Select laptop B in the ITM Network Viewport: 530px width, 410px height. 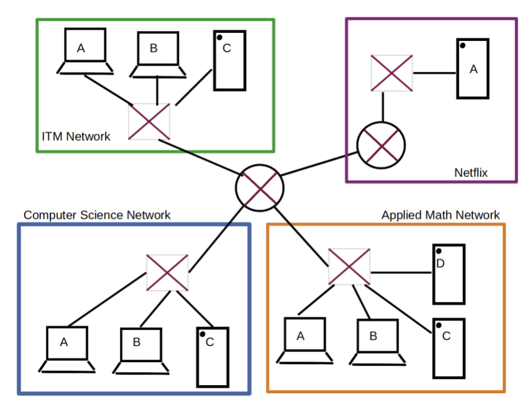[158, 53]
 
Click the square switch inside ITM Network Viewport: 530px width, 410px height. [149, 121]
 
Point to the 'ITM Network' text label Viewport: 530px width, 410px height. [76, 136]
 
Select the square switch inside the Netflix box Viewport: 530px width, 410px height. [391, 72]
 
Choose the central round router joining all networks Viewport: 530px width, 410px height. [260, 188]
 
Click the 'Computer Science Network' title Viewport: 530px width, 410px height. [97, 215]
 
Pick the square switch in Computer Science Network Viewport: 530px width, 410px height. [167, 272]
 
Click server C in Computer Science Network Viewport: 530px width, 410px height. [212, 357]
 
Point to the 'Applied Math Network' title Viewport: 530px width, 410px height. [440, 215]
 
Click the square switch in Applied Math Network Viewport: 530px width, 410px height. [349, 267]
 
